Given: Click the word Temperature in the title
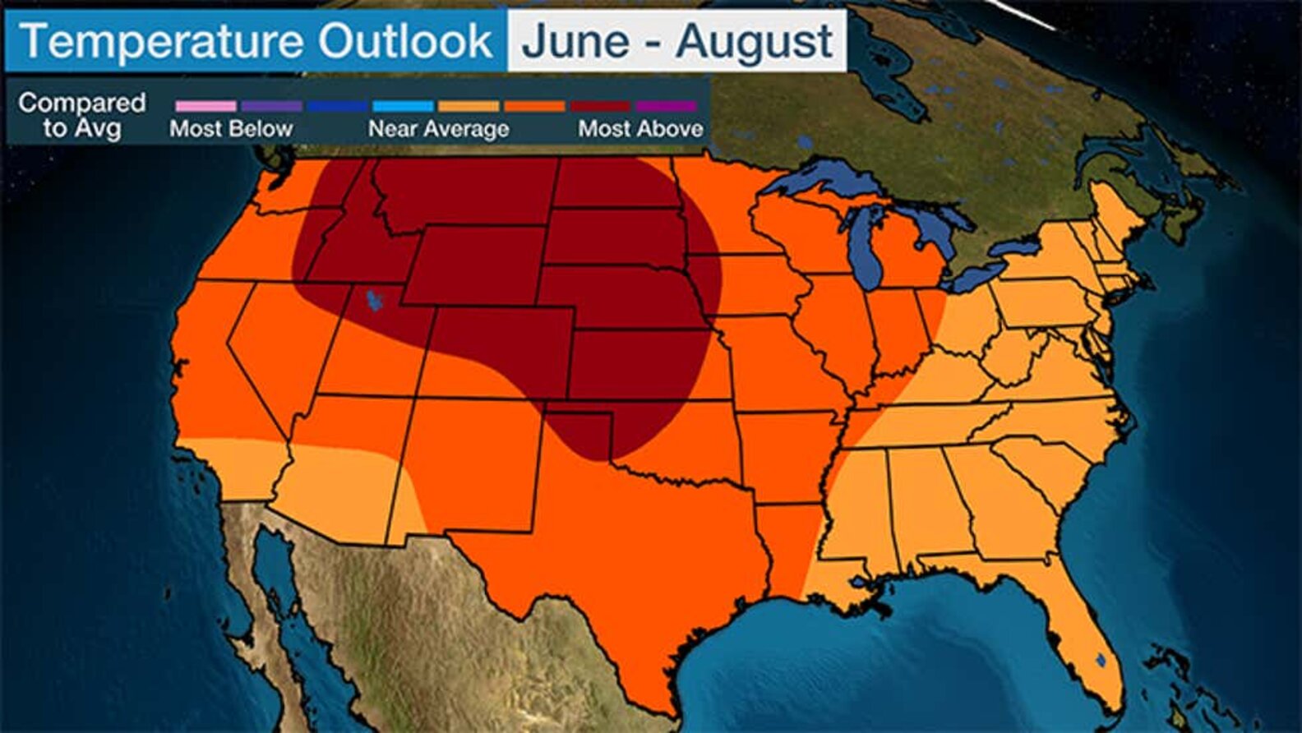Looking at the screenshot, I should coord(161,41).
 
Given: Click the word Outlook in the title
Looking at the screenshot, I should coord(405,41).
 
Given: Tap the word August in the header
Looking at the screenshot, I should coord(755,41).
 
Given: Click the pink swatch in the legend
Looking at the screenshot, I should coord(205,106).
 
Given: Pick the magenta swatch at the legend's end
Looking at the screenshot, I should coord(666,106).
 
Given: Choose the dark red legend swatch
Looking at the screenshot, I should coord(600,106).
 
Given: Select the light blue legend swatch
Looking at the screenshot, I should coord(403,106).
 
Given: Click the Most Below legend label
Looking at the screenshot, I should coord(231,129).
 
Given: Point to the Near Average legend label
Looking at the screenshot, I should coord(438,129).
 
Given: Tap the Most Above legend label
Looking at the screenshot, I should coord(640,129).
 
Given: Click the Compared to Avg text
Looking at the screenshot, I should coord(82,115).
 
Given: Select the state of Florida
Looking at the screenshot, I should coord(1077,625).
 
